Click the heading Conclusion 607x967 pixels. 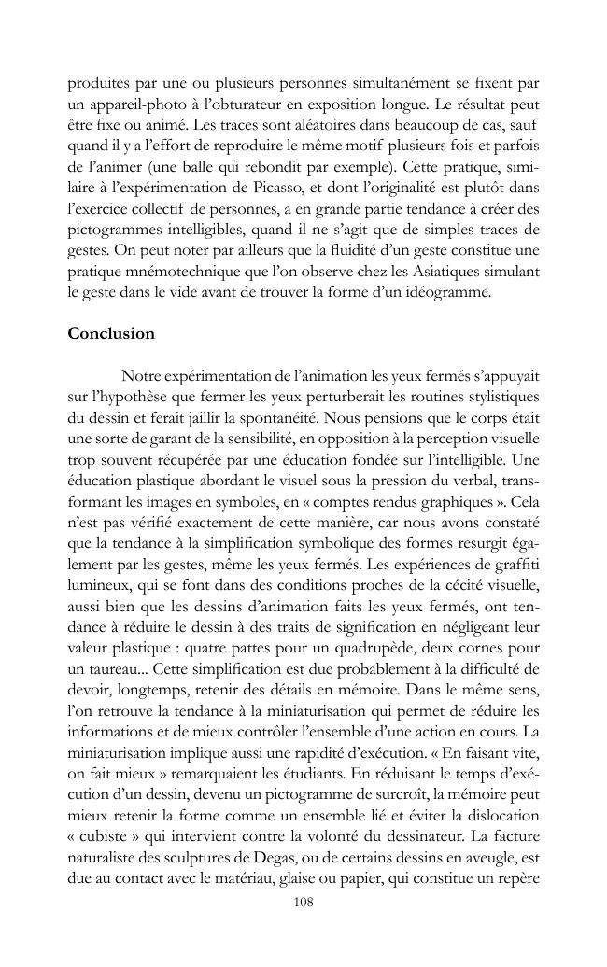click(x=111, y=333)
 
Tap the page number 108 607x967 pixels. click(x=303, y=902)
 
